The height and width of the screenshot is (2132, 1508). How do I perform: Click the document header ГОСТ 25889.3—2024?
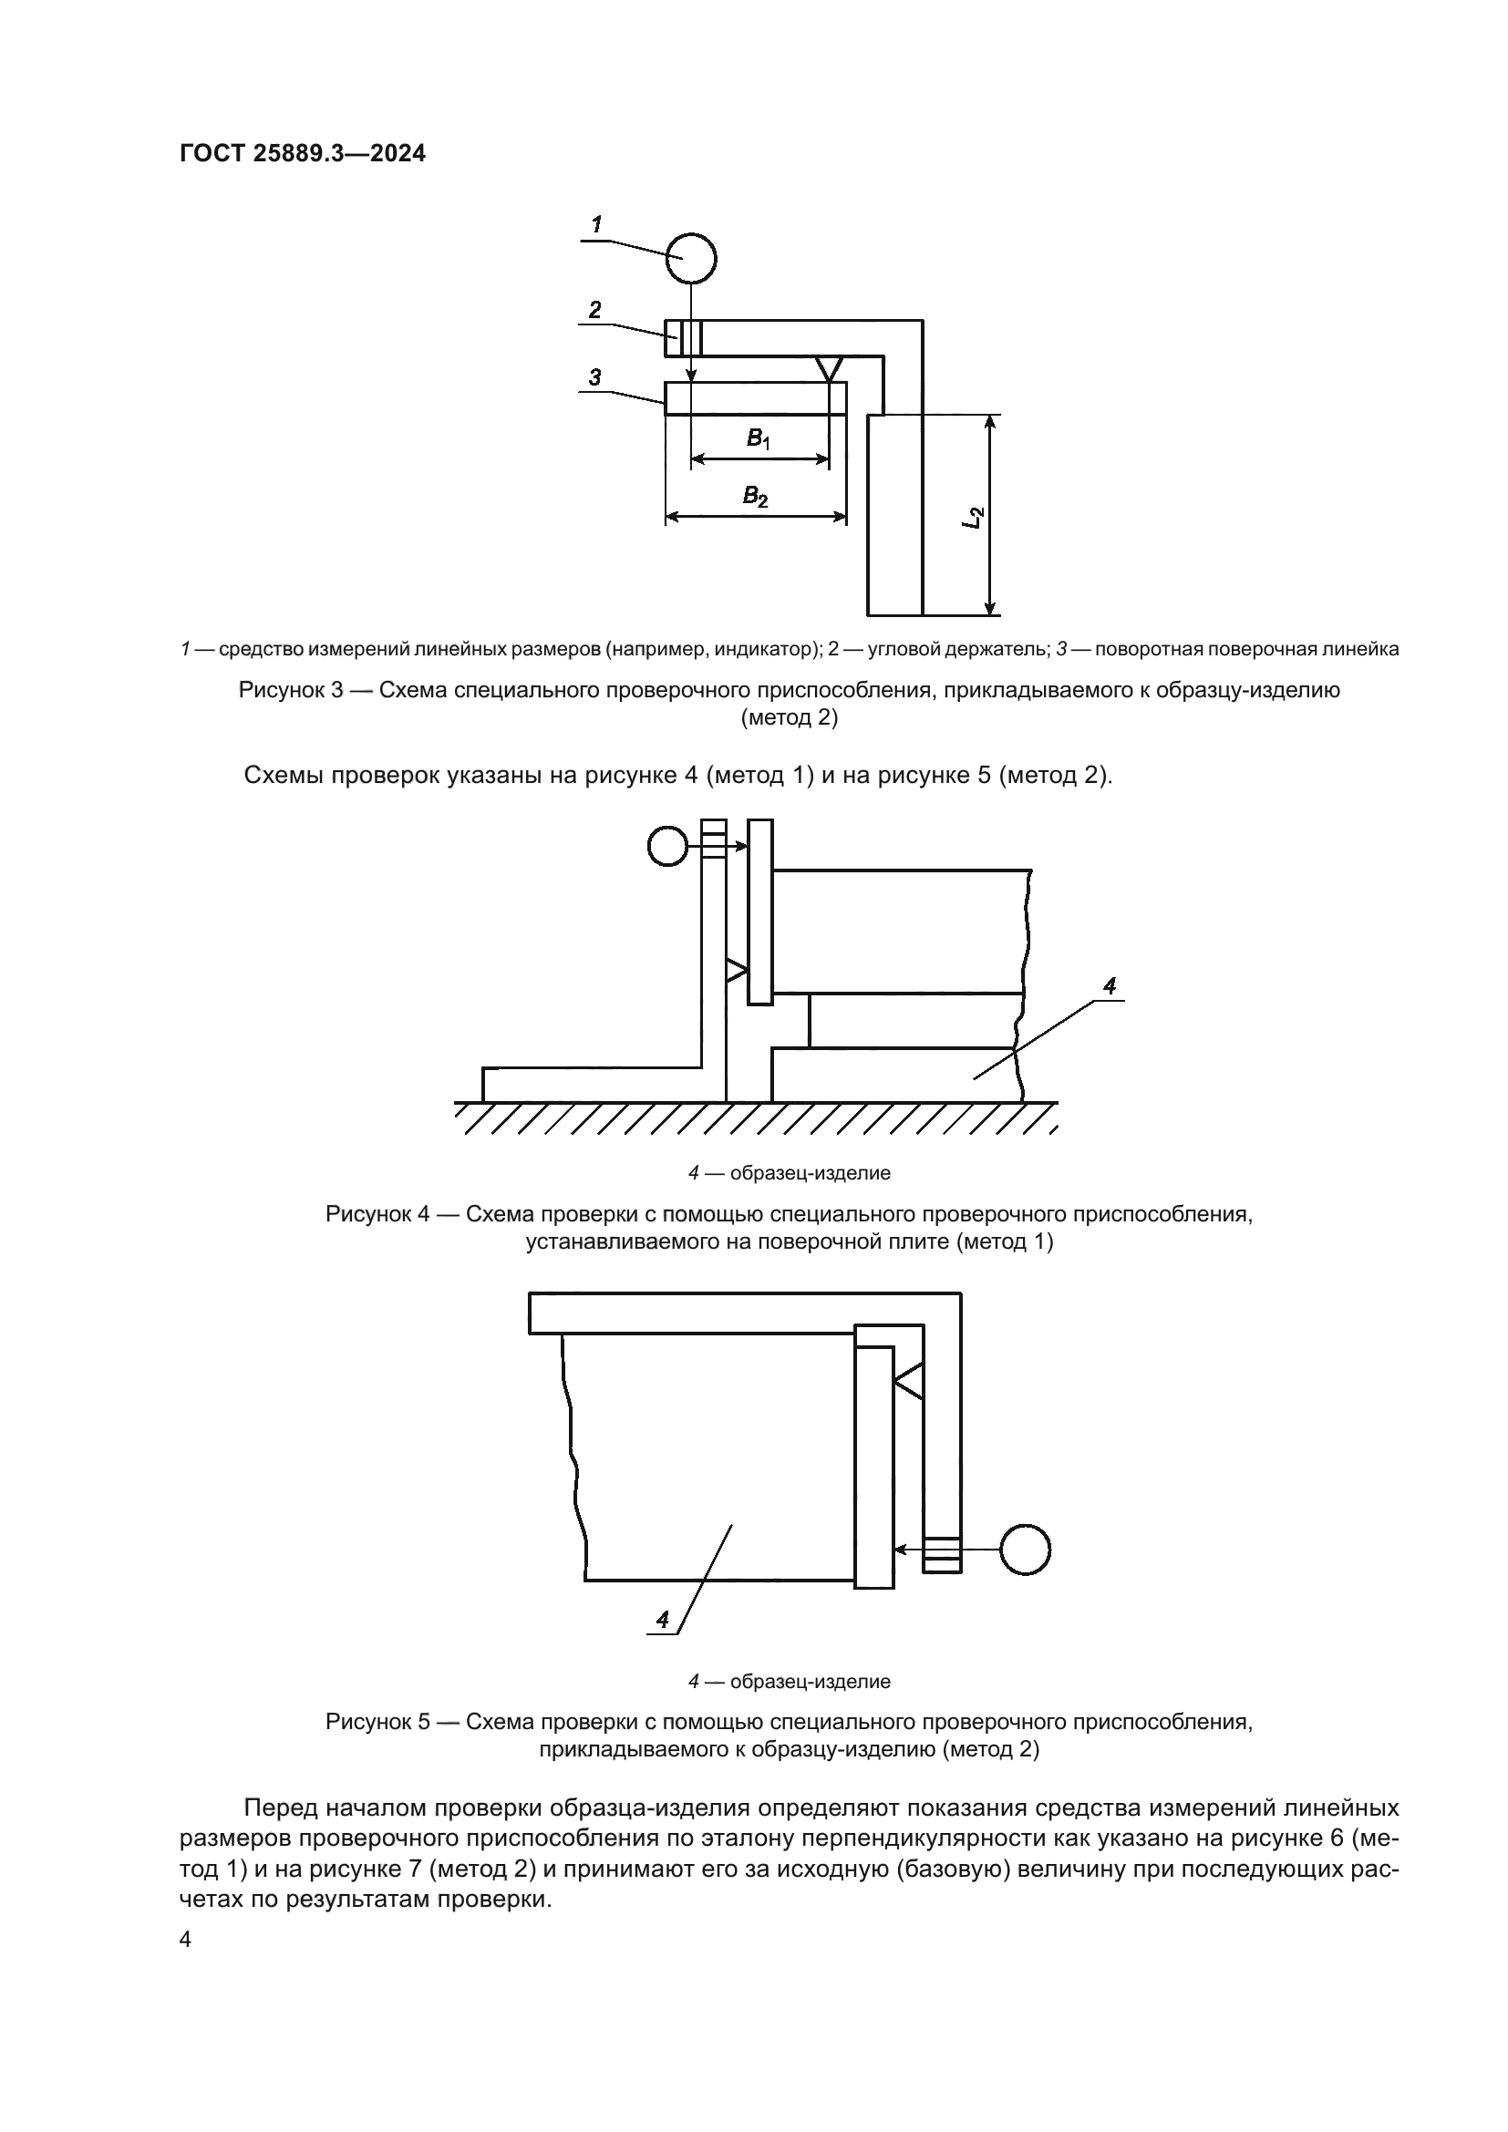[302, 153]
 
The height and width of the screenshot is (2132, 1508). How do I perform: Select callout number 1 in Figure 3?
[596, 224]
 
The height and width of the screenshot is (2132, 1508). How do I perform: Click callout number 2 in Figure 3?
[595, 309]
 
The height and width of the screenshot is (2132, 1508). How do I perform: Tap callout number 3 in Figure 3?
[594, 377]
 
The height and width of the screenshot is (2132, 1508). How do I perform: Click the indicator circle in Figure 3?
[692, 258]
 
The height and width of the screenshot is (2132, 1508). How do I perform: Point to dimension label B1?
[758, 438]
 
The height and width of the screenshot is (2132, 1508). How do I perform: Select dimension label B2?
[755, 497]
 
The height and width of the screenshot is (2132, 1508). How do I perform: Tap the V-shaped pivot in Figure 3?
[829, 367]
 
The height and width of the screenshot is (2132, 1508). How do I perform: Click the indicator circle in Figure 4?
[666, 846]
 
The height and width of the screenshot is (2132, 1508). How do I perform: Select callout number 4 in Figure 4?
[1109, 985]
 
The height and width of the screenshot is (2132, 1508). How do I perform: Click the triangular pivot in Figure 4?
[737, 972]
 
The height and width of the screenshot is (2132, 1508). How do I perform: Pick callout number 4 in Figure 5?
[662, 1620]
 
